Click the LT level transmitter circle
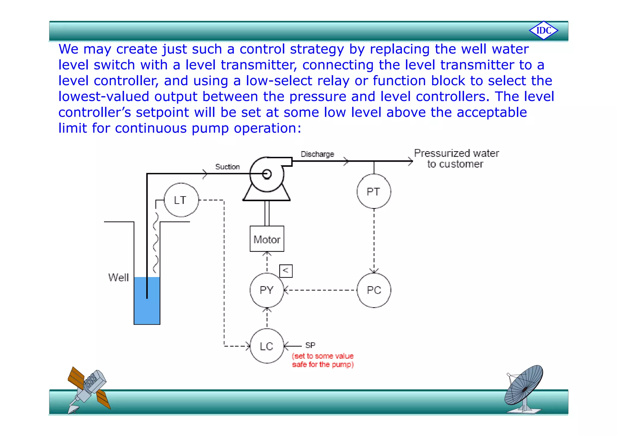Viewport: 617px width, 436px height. point(181,200)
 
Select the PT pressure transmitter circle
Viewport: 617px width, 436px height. point(374,192)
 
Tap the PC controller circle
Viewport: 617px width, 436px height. point(374,290)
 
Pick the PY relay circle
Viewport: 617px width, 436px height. point(267,290)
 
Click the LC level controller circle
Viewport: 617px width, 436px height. point(267,346)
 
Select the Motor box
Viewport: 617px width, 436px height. point(267,239)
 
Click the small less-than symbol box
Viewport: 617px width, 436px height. point(286,271)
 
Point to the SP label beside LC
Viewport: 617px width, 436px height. point(310,345)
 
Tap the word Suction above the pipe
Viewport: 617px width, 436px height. point(227,167)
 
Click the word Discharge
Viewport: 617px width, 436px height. point(317,154)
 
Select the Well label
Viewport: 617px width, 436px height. point(118,277)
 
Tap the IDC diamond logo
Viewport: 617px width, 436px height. point(543,30)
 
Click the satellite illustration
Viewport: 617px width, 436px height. point(88,388)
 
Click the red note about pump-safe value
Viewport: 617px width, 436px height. point(323,360)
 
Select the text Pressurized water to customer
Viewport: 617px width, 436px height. point(456,158)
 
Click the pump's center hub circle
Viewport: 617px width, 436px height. point(267,174)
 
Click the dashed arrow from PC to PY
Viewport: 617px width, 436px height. point(321,290)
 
